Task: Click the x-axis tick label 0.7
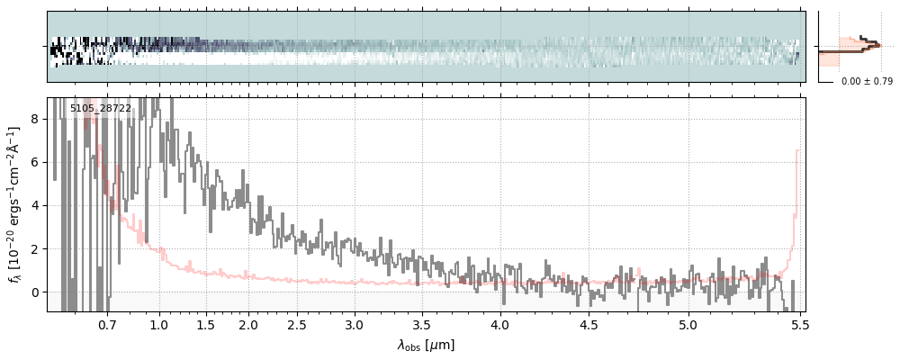(107, 324)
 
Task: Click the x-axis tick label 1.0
(159, 324)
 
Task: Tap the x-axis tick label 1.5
(205, 324)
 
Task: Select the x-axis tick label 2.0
(248, 324)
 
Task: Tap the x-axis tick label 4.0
(500, 324)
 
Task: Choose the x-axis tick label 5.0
(688, 324)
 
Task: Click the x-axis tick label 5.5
(796, 324)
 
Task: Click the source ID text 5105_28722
(101, 109)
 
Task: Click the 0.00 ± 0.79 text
(867, 82)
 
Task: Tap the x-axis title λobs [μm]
(426, 345)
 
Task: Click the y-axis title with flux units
(14, 204)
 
